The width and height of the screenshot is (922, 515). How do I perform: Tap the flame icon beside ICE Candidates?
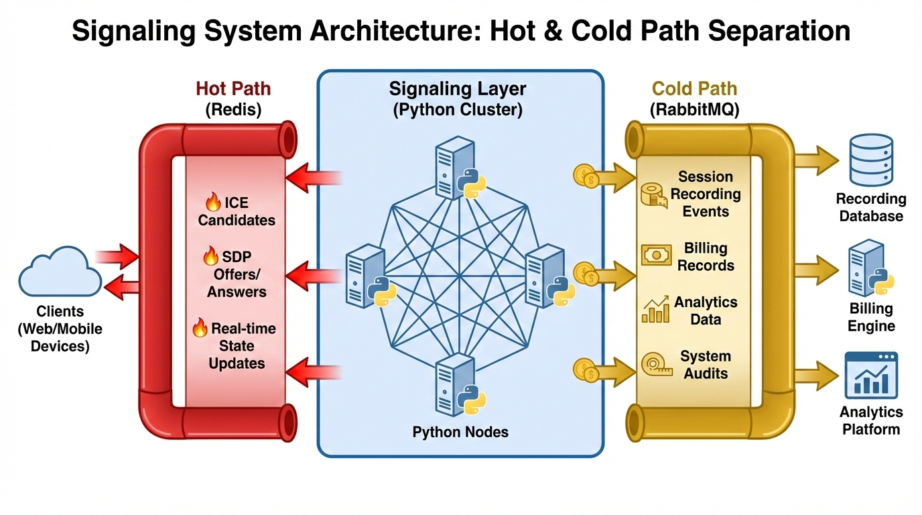pos(212,202)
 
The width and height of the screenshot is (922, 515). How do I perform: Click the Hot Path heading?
pos(233,89)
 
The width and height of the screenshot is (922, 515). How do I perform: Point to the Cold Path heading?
pos(694,89)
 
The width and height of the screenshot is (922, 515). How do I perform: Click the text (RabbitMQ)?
pos(694,109)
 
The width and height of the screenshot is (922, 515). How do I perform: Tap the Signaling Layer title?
pos(458,89)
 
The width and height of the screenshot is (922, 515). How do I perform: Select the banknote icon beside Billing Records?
pos(656,255)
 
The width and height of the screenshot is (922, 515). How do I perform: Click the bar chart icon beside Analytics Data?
pos(655,310)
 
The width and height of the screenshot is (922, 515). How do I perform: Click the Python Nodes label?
pos(460,432)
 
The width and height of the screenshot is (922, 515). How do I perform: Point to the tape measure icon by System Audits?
pos(654,364)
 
